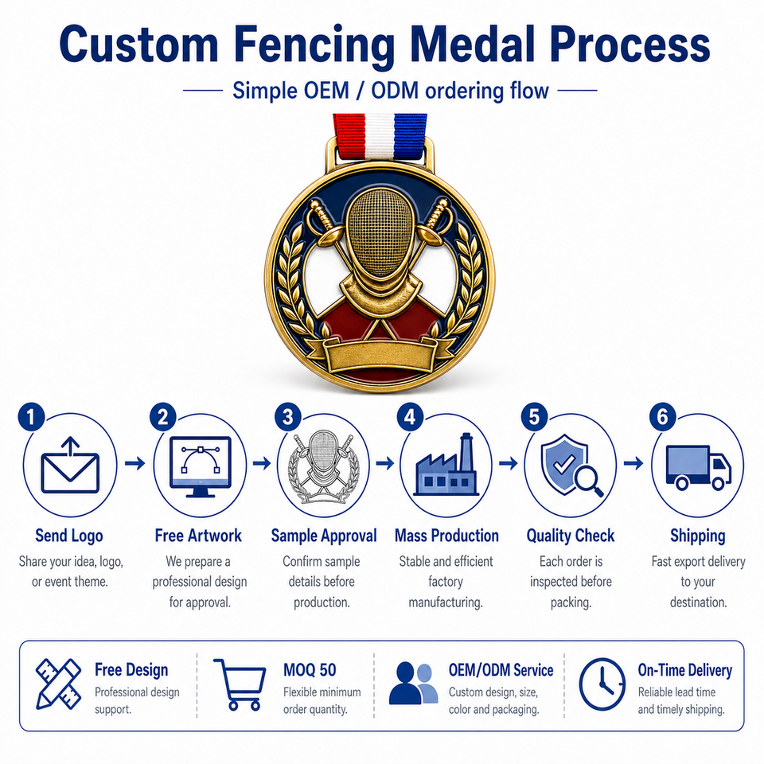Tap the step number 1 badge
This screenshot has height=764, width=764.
click(x=31, y=417)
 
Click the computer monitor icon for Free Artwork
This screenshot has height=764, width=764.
click(x=200, y=467)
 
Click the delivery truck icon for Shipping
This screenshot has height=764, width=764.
click(x=698, y=467)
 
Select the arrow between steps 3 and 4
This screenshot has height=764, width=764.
click(x=385, y=463)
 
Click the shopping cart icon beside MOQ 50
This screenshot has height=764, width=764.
click(x=240, y=684)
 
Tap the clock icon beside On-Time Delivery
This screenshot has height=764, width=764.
click(x=602, y=684)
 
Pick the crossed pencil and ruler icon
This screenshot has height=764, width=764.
click(x=58, y=684)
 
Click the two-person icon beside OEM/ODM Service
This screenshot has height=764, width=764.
click(x=413, y=683)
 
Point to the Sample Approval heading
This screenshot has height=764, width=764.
click(x=324, y=536)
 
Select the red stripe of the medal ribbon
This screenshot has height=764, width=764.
click(x=349, y=135)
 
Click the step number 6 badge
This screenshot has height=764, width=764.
click(x=663, y=417)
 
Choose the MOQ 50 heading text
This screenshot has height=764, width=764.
click(x=310, y=670)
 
